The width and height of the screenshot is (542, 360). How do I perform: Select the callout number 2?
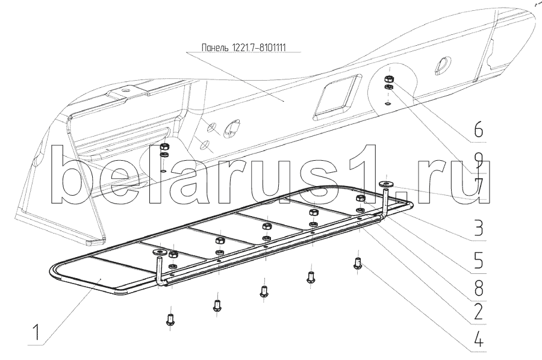478,312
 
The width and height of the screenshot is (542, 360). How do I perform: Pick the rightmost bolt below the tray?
358,263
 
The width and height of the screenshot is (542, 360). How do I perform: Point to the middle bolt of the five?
264,290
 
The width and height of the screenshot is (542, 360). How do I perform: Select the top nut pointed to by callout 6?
390,78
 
